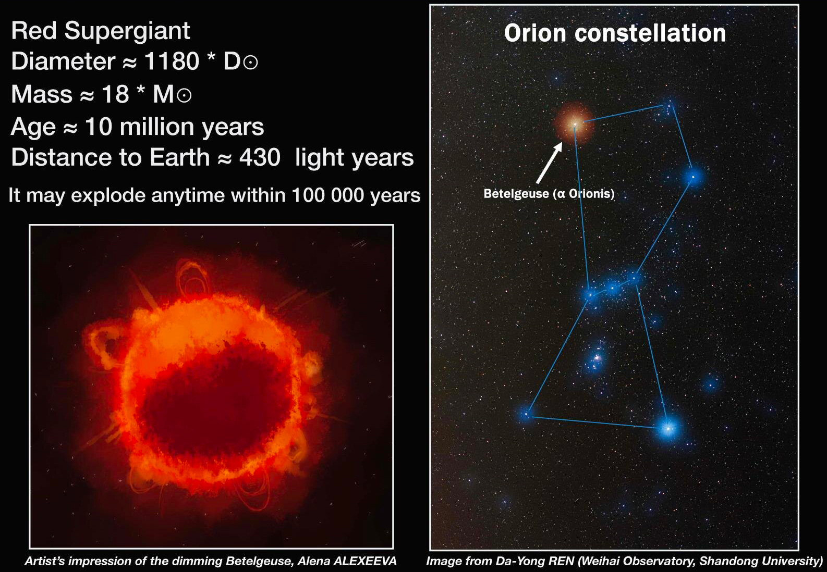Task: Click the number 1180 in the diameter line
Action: click(172, 61)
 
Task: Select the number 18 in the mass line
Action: click(115, 94)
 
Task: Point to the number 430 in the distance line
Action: click(260, 157)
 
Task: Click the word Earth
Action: click(180, 157)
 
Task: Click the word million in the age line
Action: click(157, 127)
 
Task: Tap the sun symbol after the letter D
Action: click(251, 63)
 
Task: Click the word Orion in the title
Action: click(536, 33)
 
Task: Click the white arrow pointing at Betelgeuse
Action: click(549, 163)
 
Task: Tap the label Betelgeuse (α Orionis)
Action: click(549, 194)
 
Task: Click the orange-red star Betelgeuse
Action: click(575, 125)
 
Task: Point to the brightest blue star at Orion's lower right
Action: click(668, 429)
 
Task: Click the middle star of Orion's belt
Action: click(613, 287)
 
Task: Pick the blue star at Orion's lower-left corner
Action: click(527, 414)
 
